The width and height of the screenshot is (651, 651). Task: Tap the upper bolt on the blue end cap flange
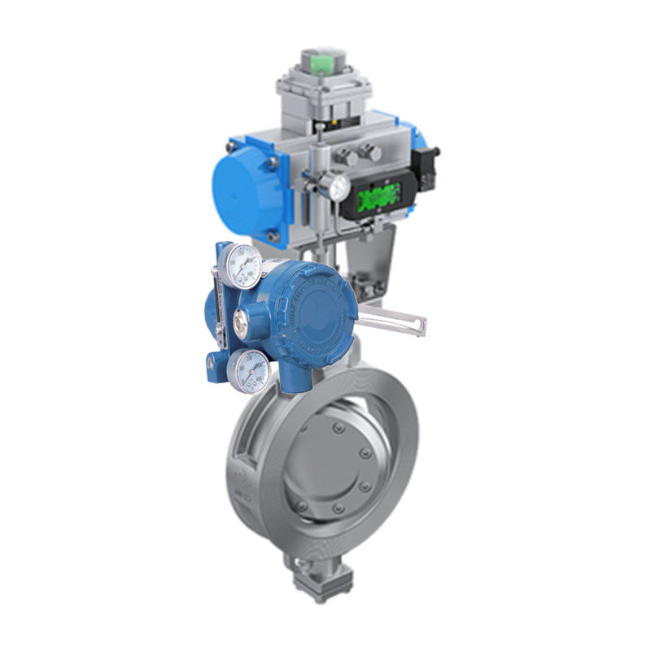[x=273, y=161]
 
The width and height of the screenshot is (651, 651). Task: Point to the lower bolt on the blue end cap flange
[x=274, y=237]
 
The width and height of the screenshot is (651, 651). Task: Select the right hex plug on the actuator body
[x=371, y=151]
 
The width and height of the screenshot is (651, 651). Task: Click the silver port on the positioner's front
[x=242, y=324]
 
